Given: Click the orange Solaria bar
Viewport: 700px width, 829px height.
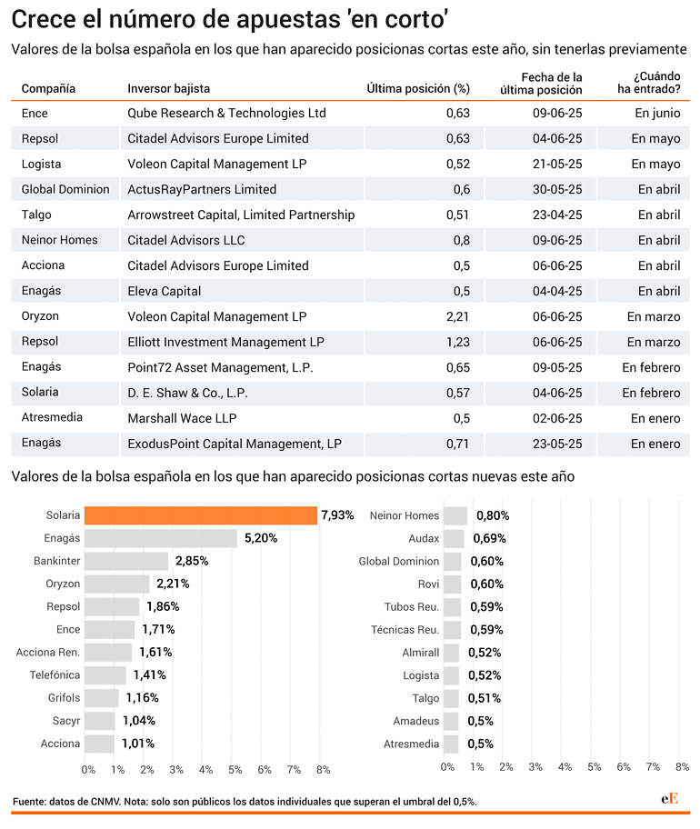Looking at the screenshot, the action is click(x=201, y=515).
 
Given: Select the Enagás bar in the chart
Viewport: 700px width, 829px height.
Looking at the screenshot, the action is click(x=161, y=538).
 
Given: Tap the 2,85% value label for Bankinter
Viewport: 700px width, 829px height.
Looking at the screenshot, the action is click(x=192, y=561).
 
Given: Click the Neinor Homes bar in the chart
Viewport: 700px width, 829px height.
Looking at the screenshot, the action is click(x=455, y=515).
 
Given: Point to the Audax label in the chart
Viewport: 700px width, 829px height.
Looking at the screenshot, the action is click(x=424, y=538).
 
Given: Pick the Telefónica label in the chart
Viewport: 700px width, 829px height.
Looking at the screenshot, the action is click(x=55, y=675).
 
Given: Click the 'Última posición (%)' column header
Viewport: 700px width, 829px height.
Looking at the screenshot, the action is click(x=418, y=89).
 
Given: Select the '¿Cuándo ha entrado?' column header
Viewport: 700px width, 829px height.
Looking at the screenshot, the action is click(x=649, y=83).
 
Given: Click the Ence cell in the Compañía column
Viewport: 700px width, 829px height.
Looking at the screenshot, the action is click(x=35, y=113).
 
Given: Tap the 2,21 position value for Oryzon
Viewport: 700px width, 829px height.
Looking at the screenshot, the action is click(x=458, y=316).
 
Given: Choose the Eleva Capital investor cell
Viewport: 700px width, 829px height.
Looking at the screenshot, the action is click(x=164, y=291).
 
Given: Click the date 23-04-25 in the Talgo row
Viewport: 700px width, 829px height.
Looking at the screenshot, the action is click(x=557, y=215).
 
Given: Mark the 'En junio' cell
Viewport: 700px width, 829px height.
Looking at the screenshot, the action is click(x=657, y=113).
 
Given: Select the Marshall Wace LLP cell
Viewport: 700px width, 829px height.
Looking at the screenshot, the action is click(x=182, y=418).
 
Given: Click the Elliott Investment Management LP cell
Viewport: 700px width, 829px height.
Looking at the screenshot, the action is click(x=225, y=342).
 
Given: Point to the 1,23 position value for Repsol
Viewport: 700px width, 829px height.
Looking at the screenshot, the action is click(x=458, y=342).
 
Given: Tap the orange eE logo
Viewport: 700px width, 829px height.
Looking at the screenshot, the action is click(x=669, y=798).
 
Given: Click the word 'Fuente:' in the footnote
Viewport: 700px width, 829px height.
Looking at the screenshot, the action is click(x=29, y=802).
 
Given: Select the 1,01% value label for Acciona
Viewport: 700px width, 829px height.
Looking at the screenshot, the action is click(x=138, y=744).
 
